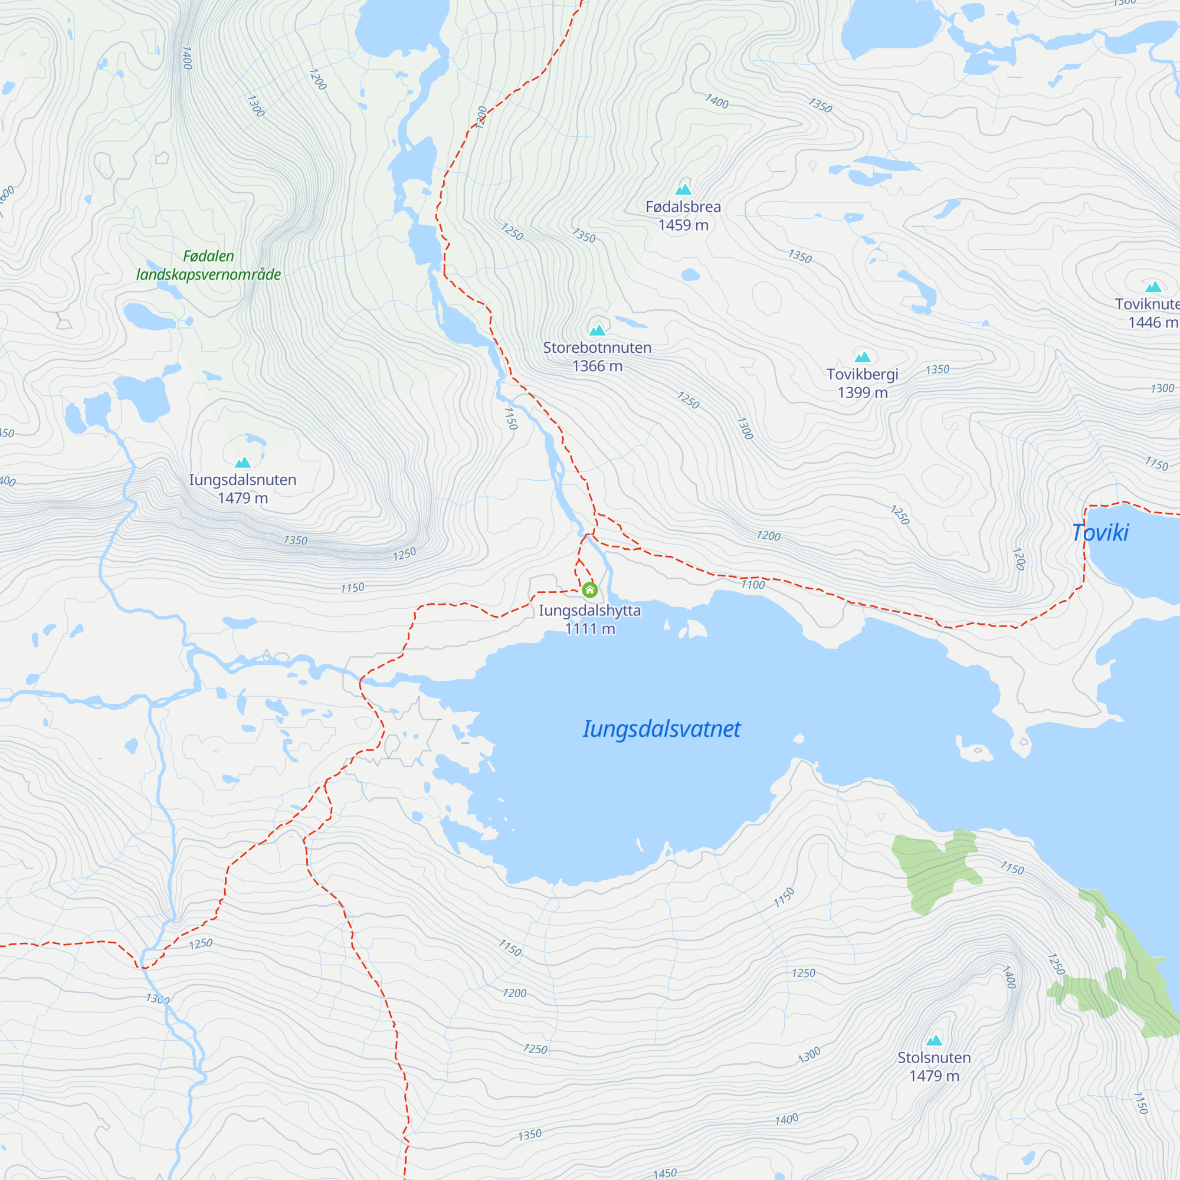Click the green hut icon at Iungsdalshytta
(x=589, y=589)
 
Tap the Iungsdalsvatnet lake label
(x=661, y=729)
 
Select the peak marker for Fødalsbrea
(x=683, y=189)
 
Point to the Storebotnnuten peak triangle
(x=596, y=330)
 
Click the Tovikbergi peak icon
(x=863, y=357)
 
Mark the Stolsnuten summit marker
(x=934, y=1040)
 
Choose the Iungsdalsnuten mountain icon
(x=243, y=463)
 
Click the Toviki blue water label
(x=1100, y=533)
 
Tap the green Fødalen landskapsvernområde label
(x=208, y=265)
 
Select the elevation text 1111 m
(x=590, y=628)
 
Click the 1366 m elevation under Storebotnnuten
(x=597, y=366)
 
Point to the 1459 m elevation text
(x=683, y=225)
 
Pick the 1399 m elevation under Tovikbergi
(x=863, y=392)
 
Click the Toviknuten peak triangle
(x=1153, y=287)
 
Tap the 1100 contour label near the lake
(x=752, y=585)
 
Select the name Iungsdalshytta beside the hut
(x=590, y=610)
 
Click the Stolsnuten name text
(x=934, y=1057)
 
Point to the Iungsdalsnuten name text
(x=242, y=480)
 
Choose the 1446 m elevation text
(x=1152, y=322)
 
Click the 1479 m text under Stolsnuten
(x=934, y=1076)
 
